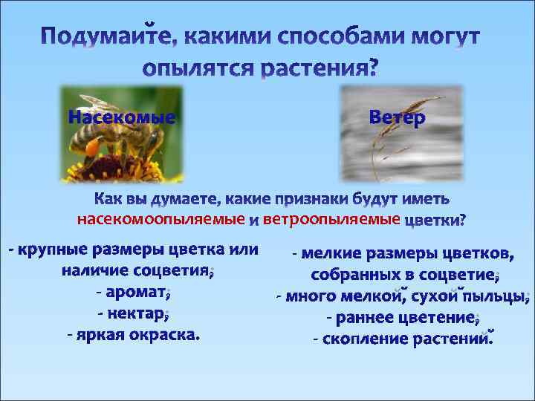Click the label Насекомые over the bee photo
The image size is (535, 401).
tap(123, 117)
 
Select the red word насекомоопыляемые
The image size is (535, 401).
tap(161, 220)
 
